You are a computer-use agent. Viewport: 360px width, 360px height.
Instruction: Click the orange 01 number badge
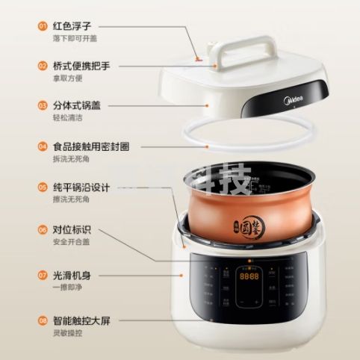coord(43,25)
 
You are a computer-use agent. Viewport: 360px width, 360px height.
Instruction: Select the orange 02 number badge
coord(43,66)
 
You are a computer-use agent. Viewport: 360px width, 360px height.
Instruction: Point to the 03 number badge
coord(43,105)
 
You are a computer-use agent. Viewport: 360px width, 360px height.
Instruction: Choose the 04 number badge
coord(43,146)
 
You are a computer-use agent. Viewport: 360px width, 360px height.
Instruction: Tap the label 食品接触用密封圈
coord(94,146)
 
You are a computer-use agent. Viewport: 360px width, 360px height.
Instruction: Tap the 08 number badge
coord(43,321)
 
